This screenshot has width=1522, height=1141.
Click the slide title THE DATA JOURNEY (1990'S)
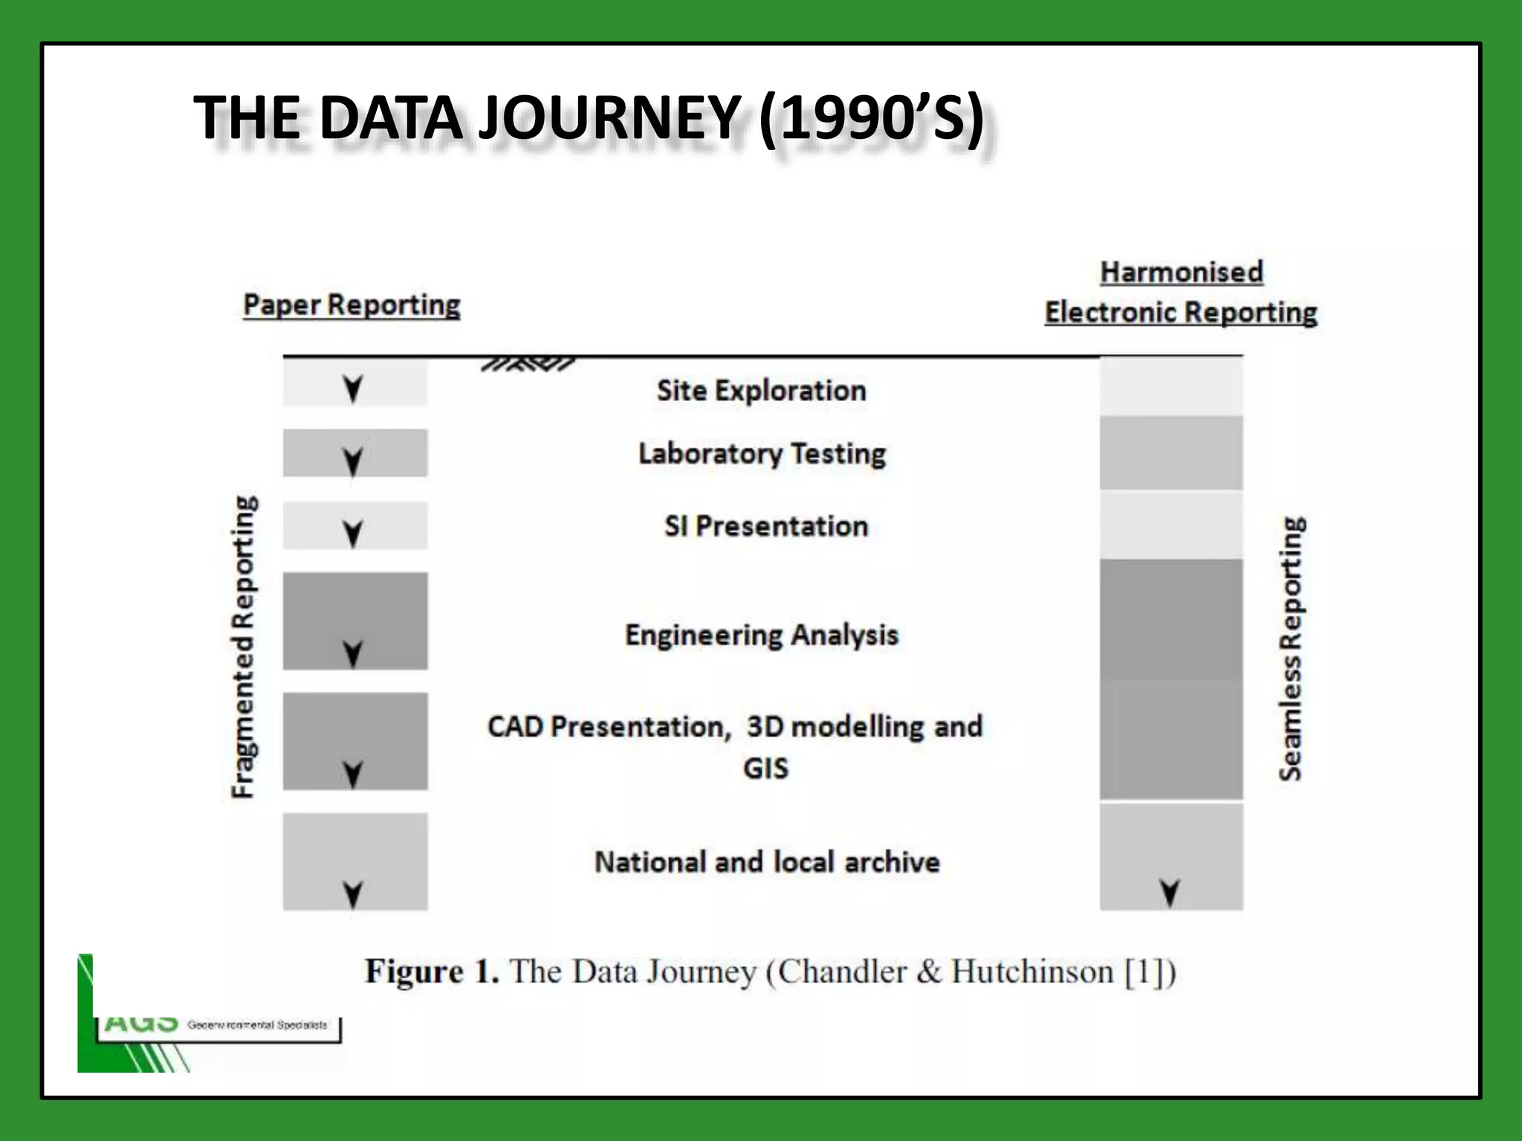point(589,117)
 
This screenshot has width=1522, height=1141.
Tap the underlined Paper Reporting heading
point(352,305)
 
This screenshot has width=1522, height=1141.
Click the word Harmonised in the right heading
point(1181,272)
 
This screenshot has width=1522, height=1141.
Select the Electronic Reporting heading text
point(1180,312)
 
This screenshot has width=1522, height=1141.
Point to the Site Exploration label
point(761,390)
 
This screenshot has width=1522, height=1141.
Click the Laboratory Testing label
point(762,453)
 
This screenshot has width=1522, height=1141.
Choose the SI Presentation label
point(765,526)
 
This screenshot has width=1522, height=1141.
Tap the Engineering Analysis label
point(761,635)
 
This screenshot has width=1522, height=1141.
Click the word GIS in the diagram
point(765,768)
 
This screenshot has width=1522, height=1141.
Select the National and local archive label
point(767,862)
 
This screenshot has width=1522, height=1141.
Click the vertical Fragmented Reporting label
point(244,646)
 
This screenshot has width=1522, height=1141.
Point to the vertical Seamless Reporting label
point(1291,648)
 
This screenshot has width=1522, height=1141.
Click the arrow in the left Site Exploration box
point(353,388)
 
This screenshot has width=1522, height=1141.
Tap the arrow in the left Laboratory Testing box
point(353,461)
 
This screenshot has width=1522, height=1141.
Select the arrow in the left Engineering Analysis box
point(353,654)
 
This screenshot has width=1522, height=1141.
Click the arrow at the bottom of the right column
point(1170,893)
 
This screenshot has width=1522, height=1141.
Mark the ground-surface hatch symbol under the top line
point(528,364)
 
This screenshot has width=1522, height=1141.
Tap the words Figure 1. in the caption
point(431,972)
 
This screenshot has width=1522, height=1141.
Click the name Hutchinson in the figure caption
point(1032,972)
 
